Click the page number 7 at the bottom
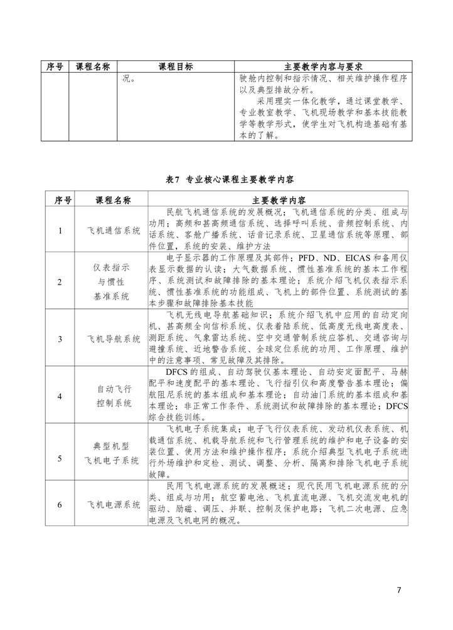click(x=399, y=590)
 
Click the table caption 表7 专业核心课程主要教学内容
click(x=230, y=180)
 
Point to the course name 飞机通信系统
click(x=114, y=231)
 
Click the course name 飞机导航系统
click(x=114, y=339)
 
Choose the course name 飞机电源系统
click(x=114, y=505)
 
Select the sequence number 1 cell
click(x=60, y=231)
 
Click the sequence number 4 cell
click(x=60, y=396)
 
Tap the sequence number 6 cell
click(x=60, y=505)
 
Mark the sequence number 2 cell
click(x=60, y=282)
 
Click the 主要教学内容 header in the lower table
click(x=279, y=201)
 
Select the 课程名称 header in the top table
click(x=93, y=67)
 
